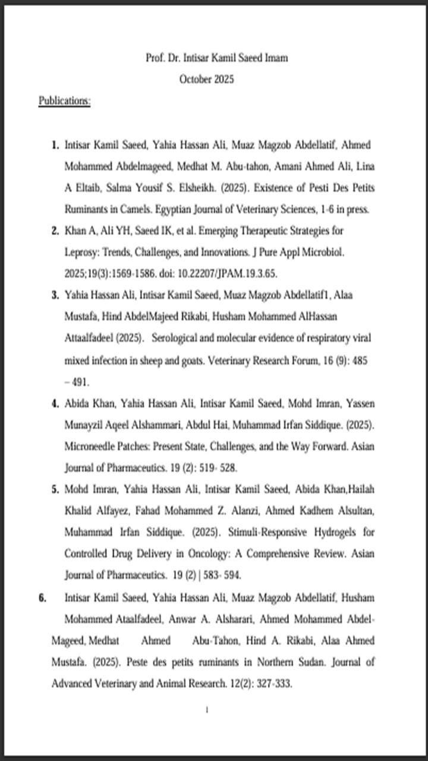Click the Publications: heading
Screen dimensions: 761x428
coord(64,101)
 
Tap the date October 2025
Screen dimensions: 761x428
coord(207,79)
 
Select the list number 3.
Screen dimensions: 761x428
coord(55,295)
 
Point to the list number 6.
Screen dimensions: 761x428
coord(43,598)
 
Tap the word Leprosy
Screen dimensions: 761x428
coord(80,252)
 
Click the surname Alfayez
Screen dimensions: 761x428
coord(122,511)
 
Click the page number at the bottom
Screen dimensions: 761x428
coord(206,710)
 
